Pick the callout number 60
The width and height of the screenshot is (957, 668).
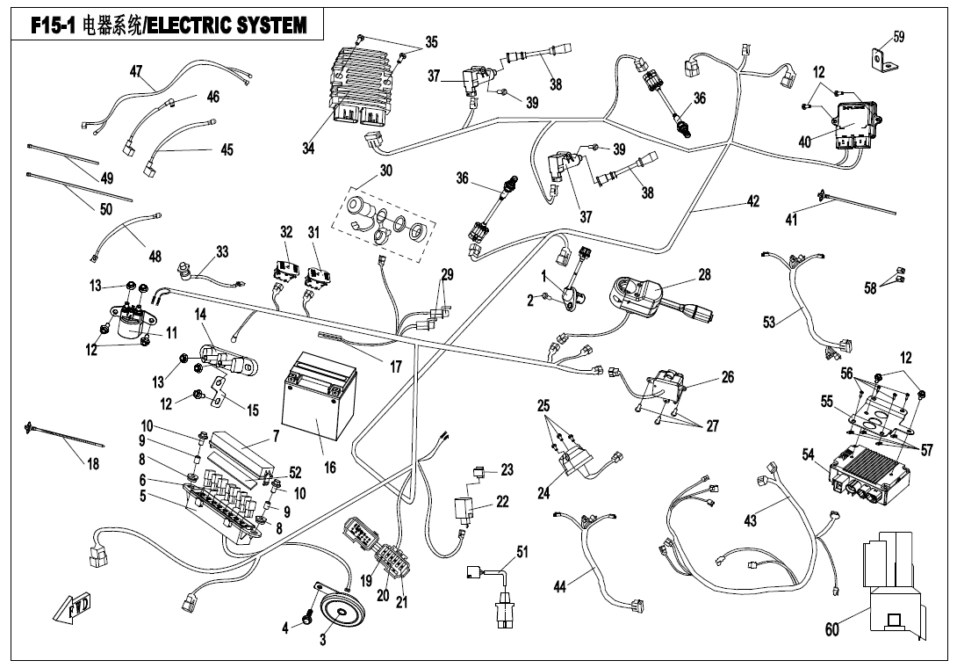[x=832, y=628]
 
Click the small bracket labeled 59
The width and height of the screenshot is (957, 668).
[x=879, y=60]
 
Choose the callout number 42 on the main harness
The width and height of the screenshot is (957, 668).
[x=752, y=201]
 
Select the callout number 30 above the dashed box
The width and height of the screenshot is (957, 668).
[x=385, y=170]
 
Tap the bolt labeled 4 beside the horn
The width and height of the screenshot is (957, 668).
[x=307, y=620]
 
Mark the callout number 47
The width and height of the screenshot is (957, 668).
[x=136, y=71]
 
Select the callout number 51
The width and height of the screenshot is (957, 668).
[x=522, y=552]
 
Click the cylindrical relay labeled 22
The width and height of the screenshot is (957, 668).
[x=465, y=509]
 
